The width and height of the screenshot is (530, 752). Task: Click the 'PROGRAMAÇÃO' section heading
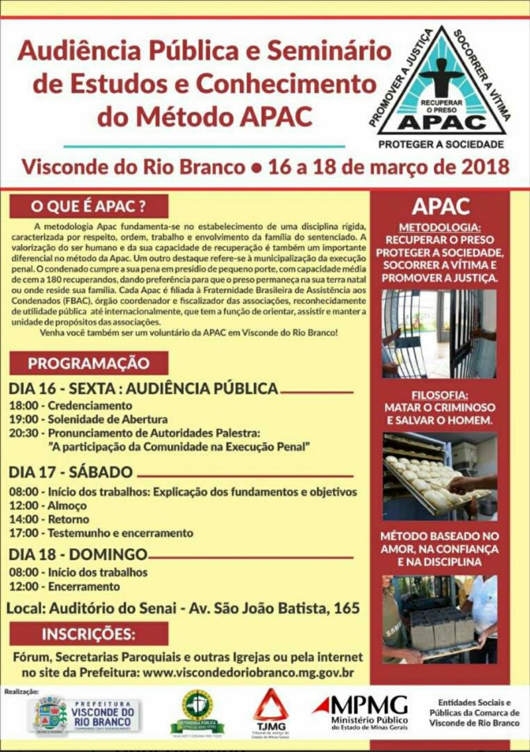89,363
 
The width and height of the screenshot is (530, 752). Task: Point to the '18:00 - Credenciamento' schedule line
71,405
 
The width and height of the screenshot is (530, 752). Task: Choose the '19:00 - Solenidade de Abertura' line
89,419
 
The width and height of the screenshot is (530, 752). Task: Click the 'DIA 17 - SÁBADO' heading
71,472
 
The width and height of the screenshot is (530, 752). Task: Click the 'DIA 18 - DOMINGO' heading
78,554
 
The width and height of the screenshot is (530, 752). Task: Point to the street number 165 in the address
346,608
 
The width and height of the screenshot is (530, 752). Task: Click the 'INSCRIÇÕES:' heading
89,634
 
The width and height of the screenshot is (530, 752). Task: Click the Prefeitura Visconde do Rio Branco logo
86,714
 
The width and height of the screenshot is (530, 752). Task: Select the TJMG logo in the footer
271,712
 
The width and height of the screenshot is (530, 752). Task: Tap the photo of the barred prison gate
440,333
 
